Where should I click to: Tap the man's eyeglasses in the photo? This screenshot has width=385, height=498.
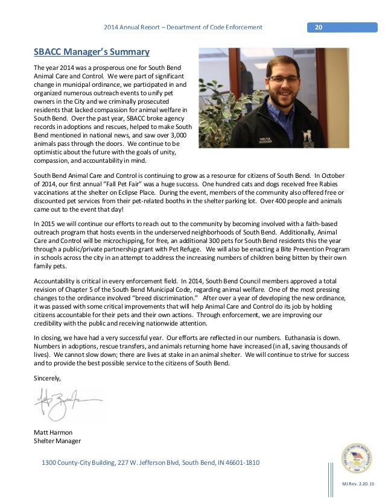point(281,78)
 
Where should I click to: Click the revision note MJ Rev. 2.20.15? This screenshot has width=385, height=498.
point(358,484)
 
